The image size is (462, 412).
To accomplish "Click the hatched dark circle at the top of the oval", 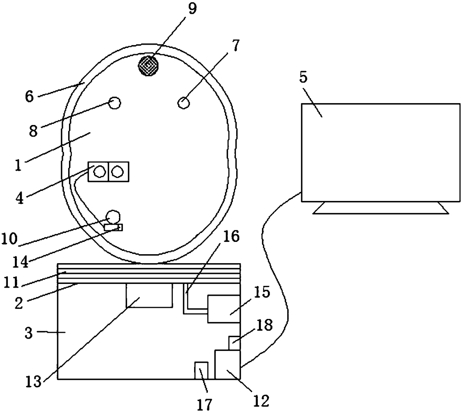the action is pos(148,66).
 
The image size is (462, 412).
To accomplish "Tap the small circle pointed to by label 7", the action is pos(184,103).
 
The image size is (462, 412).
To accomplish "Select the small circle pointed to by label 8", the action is pos(114,103).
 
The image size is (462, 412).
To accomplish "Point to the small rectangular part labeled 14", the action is pos(113,227).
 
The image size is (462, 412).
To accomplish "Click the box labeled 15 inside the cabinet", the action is pos(224,309).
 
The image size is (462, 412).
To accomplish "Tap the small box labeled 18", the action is pos(234,343).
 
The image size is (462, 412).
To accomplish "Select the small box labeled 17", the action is pos(201,371).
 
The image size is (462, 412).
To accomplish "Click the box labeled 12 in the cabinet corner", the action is pos(228,365).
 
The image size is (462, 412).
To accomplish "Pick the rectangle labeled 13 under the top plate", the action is pos(149,296).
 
